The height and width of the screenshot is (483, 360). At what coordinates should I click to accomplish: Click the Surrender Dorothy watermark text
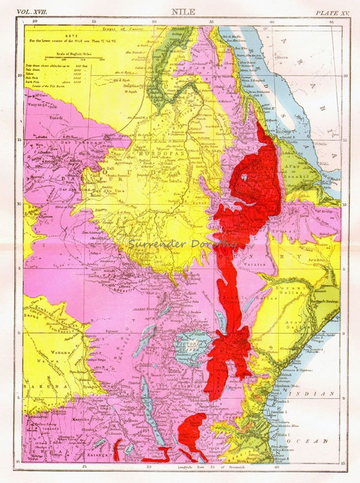tap(182, 243)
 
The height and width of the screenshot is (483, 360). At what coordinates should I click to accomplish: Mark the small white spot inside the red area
tap(245, 178)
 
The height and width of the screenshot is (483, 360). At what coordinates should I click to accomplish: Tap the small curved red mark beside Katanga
tap(117, 449)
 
